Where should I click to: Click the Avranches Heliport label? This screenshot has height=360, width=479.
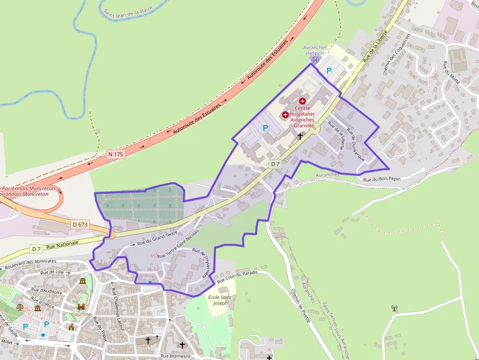pos(315,50)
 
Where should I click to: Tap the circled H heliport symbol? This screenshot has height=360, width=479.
pos(315,60)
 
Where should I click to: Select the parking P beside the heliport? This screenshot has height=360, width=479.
pos(329,71)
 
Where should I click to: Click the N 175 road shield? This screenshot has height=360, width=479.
pos(116,154)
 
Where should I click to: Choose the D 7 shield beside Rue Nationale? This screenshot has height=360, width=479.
pos(37,249)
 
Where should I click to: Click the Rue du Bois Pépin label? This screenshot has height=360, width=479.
pos(381,179)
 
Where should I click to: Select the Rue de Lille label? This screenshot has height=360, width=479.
pos(52,272)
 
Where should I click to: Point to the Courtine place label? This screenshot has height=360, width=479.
pos(81,314)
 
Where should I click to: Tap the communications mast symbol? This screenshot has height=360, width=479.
pos(394,309)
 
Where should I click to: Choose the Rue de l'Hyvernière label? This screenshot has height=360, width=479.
pos(201,263)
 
